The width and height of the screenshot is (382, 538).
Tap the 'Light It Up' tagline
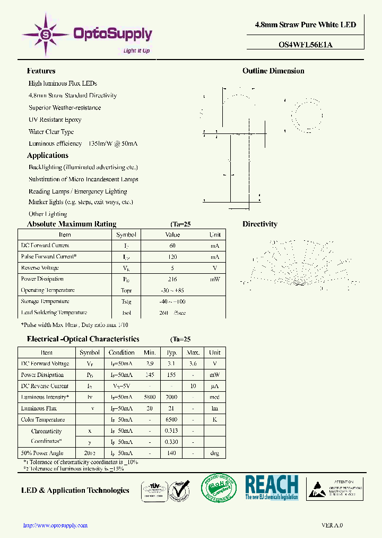pyautogui.click(x=136, y=51)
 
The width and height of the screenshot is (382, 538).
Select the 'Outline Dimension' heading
pyautogui.click(x=273, y=71)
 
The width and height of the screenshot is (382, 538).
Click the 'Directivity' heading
pyautogui.click(x=260, y=224)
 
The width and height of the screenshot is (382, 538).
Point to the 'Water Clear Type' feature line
pyautogui.click(x=51, y=132)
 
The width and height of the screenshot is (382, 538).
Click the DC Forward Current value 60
pyautogui.click(x=172, y=246)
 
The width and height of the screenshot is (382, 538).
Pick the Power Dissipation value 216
pyautogui.click(x=172, y=279)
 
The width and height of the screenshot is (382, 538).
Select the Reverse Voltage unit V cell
pyautogui.click(x=215, y=268)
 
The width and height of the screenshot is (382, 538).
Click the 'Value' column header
pyautogui.click(x=172, y=234)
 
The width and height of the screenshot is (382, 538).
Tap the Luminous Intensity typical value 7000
pyautogui.click(x=171, y=397)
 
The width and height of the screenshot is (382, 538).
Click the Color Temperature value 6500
pyautogui.click(x=171, y=419)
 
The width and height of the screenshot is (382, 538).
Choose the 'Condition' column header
pyautogui.click(x=121, y=352)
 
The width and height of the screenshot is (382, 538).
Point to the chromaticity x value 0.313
pyautogui.click(x=171, y=431)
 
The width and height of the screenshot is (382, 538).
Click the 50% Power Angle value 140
pyautogui.click(x=171, y=453)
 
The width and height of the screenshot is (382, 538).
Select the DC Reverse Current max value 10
pyautogui.click(x=193, y=386)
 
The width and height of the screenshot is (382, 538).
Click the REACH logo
pyautogui.click(x=272, y=487)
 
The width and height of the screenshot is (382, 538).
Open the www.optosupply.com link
pyautogui.click(x=55, y=525)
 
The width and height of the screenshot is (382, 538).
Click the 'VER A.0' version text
pyautogui.click(x=333, y=525)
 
